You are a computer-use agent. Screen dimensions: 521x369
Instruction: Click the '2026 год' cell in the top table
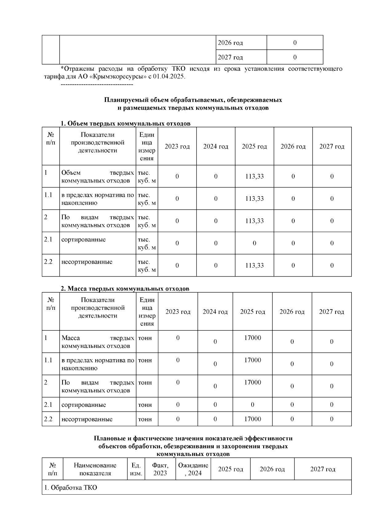click(x=230, y=43)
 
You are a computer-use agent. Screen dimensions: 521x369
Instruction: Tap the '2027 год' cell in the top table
click(x=230, y=57)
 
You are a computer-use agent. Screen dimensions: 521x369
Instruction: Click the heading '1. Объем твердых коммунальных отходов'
click(x=125, y=123)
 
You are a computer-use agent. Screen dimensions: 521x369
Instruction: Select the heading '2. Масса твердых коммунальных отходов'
click(x=125, y=289)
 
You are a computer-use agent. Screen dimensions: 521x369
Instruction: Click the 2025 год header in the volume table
click(x=254, y=146)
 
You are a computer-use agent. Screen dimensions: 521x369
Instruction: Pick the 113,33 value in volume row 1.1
click(x=254, y=199)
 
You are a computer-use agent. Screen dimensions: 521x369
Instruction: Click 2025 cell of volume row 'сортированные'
click(x=254, y=243)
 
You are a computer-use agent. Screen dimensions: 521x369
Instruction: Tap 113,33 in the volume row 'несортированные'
click(x=254, y=266)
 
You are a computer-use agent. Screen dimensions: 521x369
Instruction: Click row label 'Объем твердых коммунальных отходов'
click(x=97, y=177)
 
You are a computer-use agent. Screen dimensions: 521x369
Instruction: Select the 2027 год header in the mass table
click(x=331, y=312)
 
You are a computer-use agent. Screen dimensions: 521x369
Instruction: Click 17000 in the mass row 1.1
click(x=252, y=360)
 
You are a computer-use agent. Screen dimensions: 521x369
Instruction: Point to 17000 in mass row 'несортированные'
click(x=252, y=419)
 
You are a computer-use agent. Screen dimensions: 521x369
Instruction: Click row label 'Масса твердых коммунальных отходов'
click(x=97, y=342)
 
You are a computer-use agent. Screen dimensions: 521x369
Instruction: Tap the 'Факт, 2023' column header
click(x=160, y=469)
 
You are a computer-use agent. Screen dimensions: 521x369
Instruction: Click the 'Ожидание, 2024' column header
click(x=193, y=469)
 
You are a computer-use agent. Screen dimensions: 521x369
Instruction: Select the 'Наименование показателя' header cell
click(x=95, y=469)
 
